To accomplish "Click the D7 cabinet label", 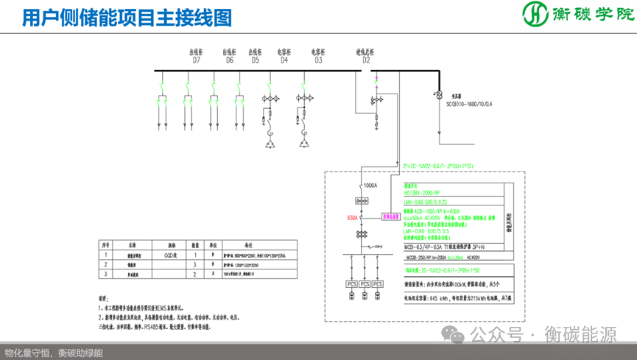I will click(x=197, y=60).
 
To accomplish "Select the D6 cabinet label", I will click(x=229, y=60).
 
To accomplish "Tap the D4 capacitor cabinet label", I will click(x=284, y=60).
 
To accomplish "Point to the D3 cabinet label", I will click(x=318, y=60).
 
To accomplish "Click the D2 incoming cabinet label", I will click(x=365, y=60).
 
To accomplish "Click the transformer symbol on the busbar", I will click(x=435, y=96).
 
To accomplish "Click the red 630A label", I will click(x=353, y=218).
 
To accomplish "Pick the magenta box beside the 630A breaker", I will click(x=390, y=217).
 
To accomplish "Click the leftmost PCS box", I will click(x=351, y=283).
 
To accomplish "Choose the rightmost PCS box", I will click(x=378, y=283).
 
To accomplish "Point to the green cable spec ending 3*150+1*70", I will click(x=439, y=166).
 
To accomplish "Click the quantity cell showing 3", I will click(x=196, y=263).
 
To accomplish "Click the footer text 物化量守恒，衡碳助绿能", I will click(x=54, y=353).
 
